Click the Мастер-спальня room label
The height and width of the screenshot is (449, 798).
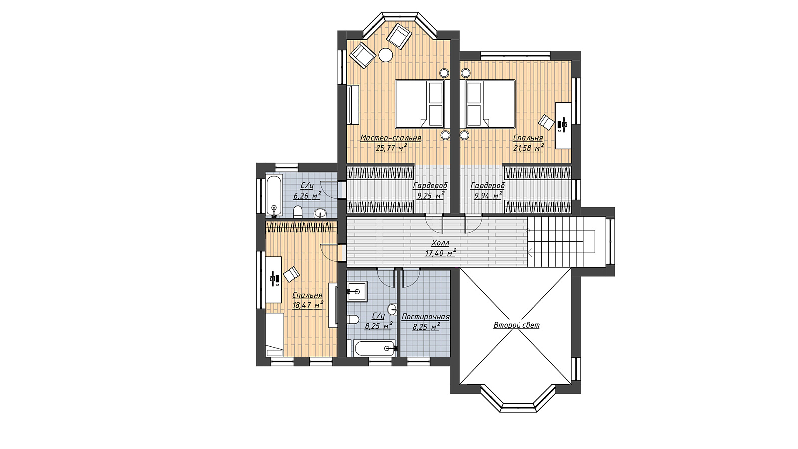click(391, 138)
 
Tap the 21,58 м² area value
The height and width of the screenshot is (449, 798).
click(528, 148)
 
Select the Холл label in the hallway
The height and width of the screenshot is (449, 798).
click(441, 243)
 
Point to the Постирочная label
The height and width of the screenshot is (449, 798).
click(426, 317)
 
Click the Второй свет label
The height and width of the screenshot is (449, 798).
click(516, 325)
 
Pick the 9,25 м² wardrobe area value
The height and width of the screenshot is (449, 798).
click(431, 195)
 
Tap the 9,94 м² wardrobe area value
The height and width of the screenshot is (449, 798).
click(488, 195)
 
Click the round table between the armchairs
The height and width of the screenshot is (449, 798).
click(385, 55)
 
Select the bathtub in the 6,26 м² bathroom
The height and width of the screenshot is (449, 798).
click(274, 195)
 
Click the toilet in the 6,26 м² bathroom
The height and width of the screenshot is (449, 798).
click(297, 212)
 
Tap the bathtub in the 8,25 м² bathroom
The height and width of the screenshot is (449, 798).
click(374, 348)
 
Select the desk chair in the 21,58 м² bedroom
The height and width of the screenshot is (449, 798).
click(546, 122)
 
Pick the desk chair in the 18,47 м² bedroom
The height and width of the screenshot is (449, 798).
click(291, 274)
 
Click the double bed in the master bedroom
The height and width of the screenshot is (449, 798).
click(419, 104)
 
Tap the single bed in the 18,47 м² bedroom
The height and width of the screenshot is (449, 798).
click(275, 335)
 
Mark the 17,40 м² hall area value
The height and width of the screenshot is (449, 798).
click(441, 253)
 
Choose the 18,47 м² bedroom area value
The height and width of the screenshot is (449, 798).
click(308, 305)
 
